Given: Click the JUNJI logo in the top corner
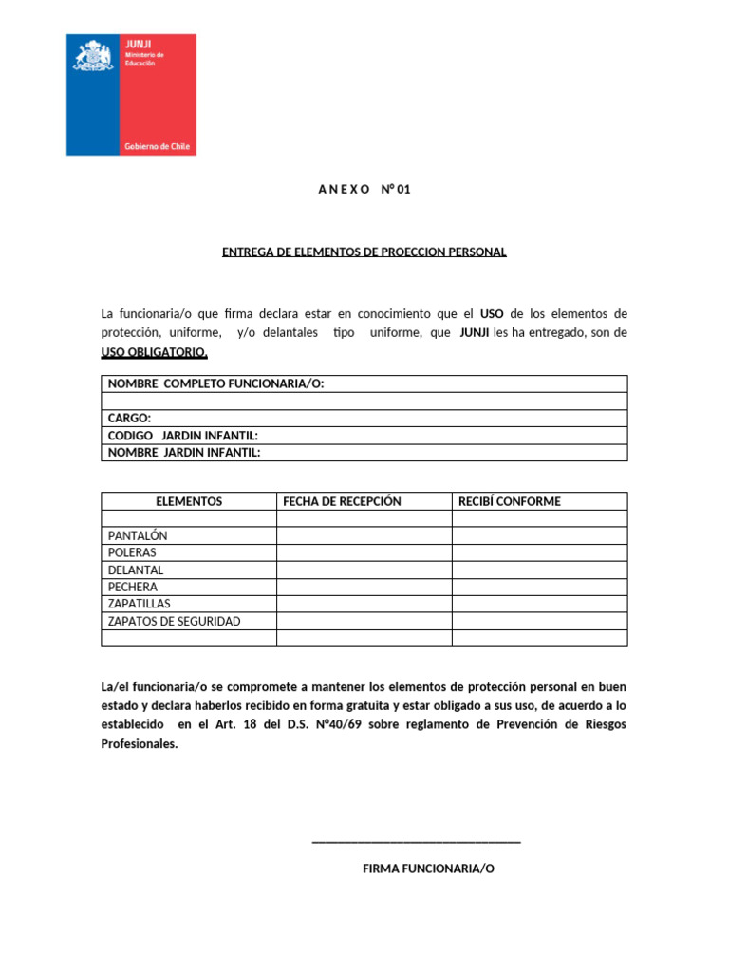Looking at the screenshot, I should pos(131,95).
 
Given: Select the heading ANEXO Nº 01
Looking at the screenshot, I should pos(364,190).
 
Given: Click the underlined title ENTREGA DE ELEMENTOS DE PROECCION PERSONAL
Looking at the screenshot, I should pos(364,252).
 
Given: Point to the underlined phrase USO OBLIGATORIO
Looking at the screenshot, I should pos(154,353).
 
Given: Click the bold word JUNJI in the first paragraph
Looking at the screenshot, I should pos(475,333).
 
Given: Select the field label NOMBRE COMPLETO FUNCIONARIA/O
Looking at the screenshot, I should pos(216,383).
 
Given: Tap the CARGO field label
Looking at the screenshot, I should pos(129,418).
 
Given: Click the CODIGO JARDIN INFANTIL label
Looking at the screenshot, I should pos(183,435).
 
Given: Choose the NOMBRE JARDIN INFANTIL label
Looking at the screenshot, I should pos(184,452).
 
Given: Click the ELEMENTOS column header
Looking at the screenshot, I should pos(189,501).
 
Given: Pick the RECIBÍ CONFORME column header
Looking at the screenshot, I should pos(510,501).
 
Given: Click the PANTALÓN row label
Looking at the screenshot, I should pos(138,535).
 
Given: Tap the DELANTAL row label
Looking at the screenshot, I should pos(137,570).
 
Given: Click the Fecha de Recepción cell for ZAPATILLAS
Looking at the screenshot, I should pos(364,604).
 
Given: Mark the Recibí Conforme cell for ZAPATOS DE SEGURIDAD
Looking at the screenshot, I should pos(539,621).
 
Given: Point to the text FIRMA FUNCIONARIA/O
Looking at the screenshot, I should pos(429,869).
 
